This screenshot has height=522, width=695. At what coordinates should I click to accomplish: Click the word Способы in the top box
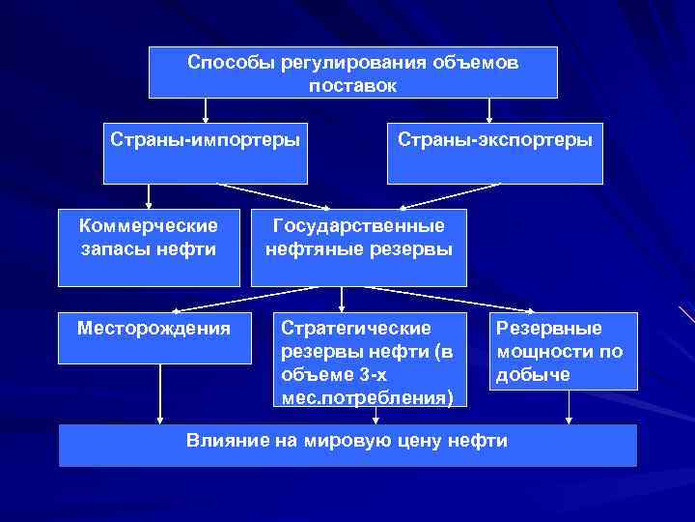tap(222, 63)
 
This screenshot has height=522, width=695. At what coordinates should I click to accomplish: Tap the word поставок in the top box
tap(352, 85)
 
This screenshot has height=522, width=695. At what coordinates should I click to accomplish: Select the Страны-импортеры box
tap(206, 153)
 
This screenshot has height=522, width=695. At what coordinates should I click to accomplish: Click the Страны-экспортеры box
tap(495, 153)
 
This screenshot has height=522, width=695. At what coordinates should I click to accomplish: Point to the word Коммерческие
tap(149, 225)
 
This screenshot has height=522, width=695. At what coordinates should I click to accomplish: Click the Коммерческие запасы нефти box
tap(149, 247)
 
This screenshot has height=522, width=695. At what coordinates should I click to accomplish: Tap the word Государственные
tap(359, 225)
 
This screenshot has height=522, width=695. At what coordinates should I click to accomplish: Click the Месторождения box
tap(154, 329)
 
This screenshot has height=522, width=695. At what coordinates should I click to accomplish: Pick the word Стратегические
tap(356, 329)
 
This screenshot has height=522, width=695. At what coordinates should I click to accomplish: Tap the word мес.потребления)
tap(367, 397)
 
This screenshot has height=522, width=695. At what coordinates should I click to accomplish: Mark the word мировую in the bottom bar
tap(336, 442)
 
